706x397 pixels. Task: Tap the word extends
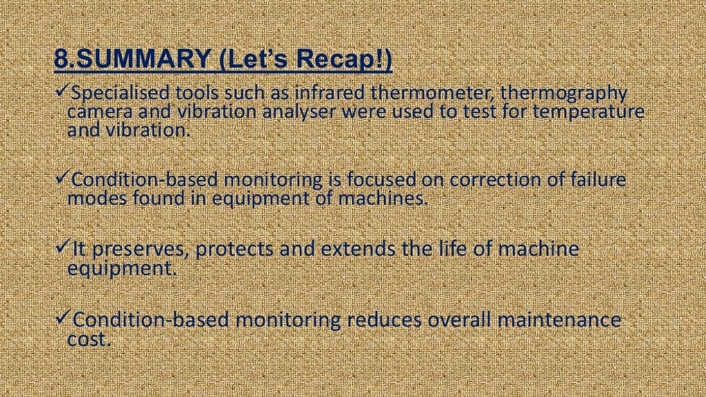(359, 250)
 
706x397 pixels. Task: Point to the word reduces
(384, 320)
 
